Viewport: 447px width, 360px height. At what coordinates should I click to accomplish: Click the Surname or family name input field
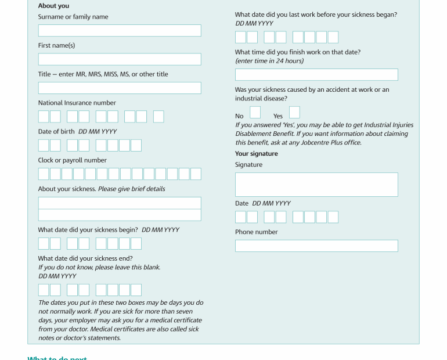pyautogui.click(x=120, y=31)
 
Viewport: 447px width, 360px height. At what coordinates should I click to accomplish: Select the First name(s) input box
pyautogui.click(x=120, y=59)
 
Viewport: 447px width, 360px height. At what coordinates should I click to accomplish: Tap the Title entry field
pyautogui.click(x=120, y=88)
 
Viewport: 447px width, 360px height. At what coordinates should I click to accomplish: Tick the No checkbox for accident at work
pyautogui.click(x=255, y=112)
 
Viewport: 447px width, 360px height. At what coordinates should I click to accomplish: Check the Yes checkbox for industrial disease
pyautogui.click(x=294, y=112)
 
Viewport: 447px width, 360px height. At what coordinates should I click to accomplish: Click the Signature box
pyautogui.click(x=316, y=185)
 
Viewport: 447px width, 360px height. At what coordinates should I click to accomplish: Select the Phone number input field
pyautogui.click(x=316, y=246)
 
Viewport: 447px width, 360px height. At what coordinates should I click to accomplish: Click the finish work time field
pyautogui.click(x=316, y=74)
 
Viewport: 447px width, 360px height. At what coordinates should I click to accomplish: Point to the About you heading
pyautogui.click(x=53, y=6)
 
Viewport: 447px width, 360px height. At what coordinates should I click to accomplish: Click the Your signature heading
pyautogui.click(x=256, y=154)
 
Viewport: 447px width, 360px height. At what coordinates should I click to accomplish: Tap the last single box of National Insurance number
pyautogui.click(x=158, y=117)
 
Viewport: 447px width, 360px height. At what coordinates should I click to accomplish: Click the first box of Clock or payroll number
pyautogui.click(x=44, y=174)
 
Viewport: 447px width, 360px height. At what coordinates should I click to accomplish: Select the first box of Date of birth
pyautogui.click(x=44, y=146)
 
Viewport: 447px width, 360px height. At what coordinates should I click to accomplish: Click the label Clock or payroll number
pyautogui.click(x=72, y=160)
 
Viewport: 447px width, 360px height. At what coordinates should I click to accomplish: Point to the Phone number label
pyautogui.click(x=256, y=232)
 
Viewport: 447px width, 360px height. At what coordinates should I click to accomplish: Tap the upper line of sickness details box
pyautogui.click(x=120, y=203)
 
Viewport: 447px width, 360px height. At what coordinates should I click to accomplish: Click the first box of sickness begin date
pyautogui.click(x=44, y=244)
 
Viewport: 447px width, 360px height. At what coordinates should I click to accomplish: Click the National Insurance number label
pyautogui.click(x=77, y=103)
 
